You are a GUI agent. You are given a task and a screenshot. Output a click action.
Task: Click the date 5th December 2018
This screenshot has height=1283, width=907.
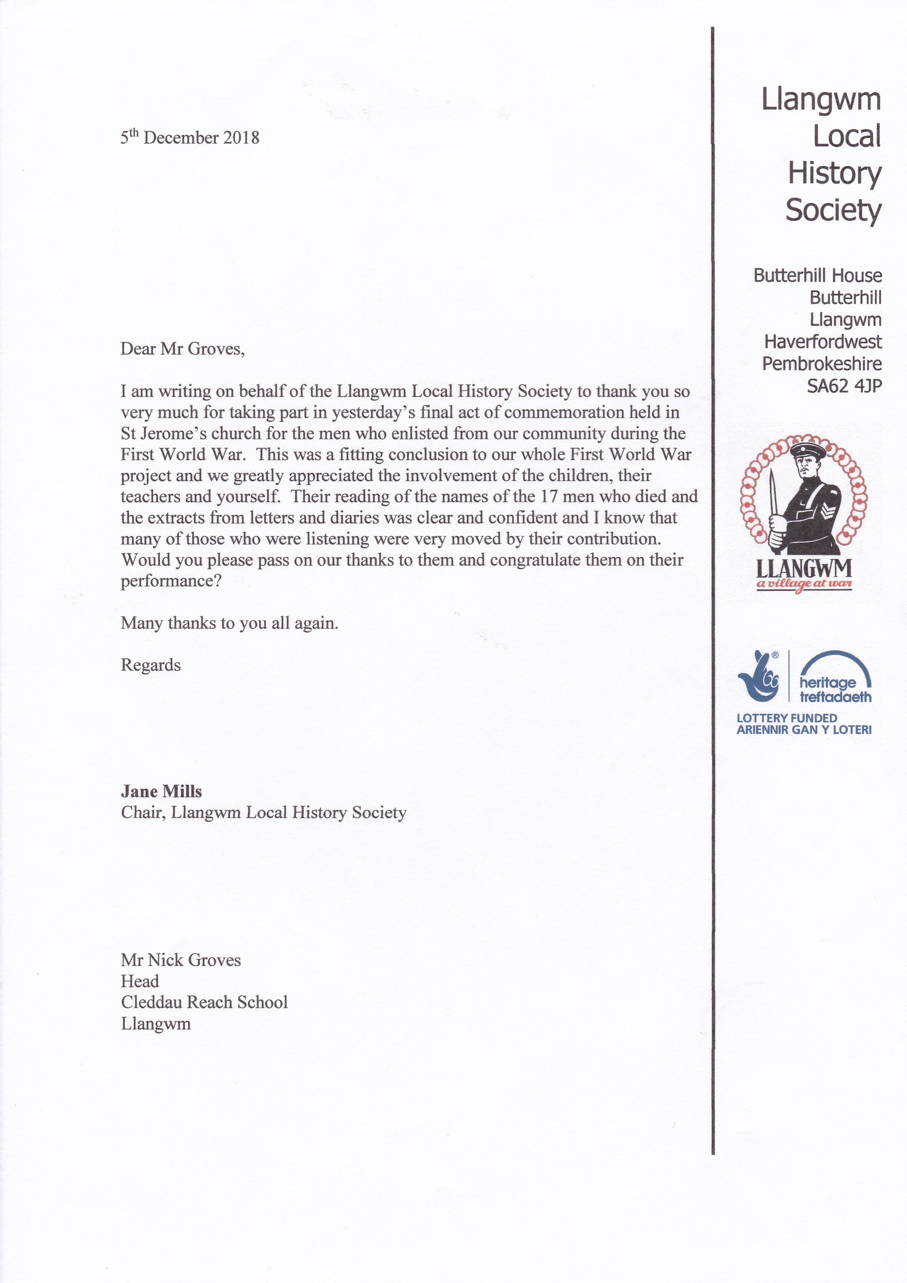pyautogui.click(x=190, y=137)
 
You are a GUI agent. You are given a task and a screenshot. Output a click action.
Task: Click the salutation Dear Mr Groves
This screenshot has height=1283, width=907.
pyautogui.click(x=183, y=349)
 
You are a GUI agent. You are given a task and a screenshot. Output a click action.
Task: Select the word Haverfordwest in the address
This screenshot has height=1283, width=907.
pyautogui.click(x=822, y=341)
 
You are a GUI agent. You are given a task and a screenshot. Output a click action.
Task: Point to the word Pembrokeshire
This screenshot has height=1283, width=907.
pyautogui.click(x=821, y=364)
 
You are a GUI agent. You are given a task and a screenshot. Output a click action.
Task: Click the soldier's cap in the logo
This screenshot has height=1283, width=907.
pyautogui.click(x=805, y=449)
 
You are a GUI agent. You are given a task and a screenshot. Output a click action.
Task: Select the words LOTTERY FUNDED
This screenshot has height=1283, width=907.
pyautogui.click(x=787, y=718)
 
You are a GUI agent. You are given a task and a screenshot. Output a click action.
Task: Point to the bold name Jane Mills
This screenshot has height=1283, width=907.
pyautogui.click(x=161, y=791)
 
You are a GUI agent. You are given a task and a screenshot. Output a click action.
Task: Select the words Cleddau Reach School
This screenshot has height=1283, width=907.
pyautogui.click(x=204, y=1002)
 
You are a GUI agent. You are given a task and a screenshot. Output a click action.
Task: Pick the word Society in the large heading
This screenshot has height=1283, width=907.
pyautogui.click(x=833, y=210)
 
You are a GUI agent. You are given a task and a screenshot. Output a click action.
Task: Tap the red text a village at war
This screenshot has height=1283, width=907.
pyautogui.click(x=804, y=585)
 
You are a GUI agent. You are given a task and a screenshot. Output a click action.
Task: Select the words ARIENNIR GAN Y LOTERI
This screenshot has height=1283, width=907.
pyautogui.click(x=804, y=730)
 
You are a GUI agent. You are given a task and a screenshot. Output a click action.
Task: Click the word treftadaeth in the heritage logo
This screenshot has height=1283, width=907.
pyautogui.click(x=835, y=697)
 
